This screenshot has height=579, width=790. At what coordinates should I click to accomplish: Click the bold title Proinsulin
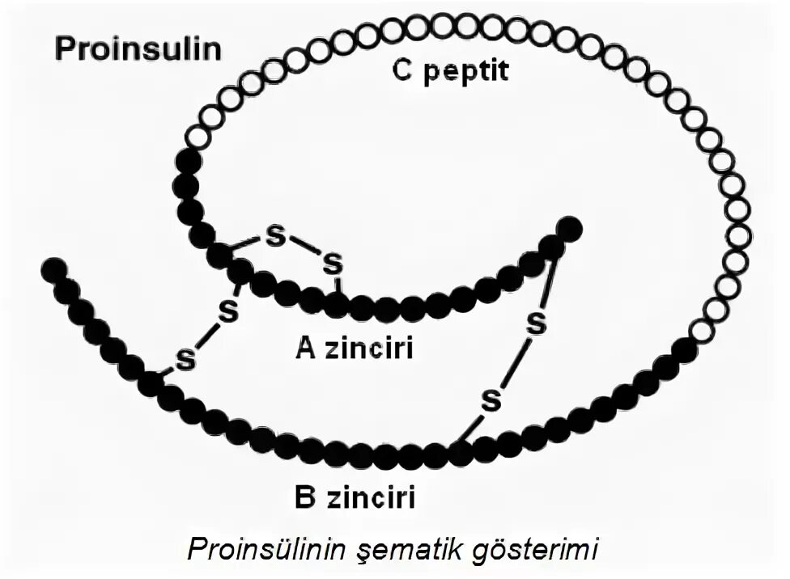[137, 49]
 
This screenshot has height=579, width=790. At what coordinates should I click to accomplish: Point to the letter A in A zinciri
[305, 348]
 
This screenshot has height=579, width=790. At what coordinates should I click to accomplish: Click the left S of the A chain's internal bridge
[276, 238]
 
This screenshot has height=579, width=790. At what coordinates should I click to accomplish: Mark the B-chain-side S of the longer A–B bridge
[491, 399]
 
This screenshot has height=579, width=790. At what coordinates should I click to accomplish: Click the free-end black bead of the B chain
[54, 269]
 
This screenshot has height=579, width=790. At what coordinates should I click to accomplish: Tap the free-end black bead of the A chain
[569, 229]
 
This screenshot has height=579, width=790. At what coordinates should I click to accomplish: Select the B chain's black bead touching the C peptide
[684, 350]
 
